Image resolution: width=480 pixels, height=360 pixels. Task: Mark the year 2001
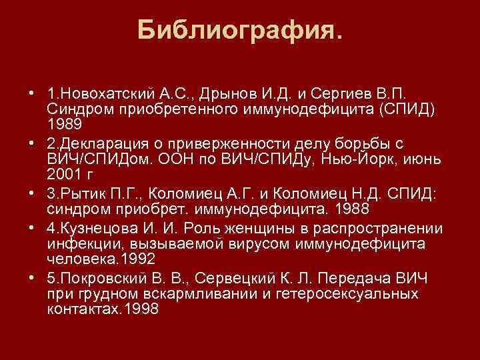click(x=63, y=175)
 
